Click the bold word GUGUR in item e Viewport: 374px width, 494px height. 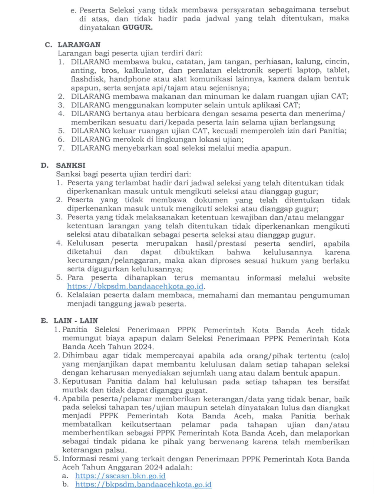click(137, 28)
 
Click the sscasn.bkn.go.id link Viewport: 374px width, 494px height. click(120, 476)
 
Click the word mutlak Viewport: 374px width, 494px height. click(74, 391)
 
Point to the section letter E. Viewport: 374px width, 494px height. click(43, 320)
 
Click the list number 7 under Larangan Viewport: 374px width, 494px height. click(61, 148)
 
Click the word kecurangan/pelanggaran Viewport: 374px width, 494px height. click(106, 260)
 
